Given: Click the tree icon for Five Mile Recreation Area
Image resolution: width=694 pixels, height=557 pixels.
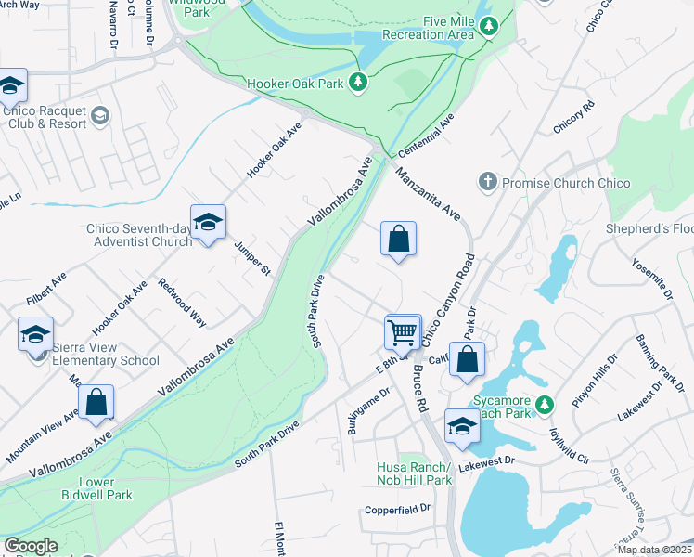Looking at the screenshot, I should click(489, 28).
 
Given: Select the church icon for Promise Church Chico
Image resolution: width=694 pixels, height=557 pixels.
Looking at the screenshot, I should click(488, 183).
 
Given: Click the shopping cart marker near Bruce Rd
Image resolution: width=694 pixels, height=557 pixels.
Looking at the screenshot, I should click(403, 331).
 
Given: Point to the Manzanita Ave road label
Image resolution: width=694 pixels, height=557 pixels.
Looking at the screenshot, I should click(428, 194).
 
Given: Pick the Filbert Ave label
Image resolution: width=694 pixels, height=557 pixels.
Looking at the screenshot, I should click(46, 288).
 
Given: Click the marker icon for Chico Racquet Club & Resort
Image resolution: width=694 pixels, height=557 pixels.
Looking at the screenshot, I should click(99, 115).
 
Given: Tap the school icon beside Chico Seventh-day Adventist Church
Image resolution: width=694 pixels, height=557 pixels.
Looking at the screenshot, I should click(208, 223).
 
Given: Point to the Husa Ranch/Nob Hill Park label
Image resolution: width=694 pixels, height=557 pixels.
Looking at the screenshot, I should click(414, 473).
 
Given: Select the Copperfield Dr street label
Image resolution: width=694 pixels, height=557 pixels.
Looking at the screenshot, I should click(398, 509).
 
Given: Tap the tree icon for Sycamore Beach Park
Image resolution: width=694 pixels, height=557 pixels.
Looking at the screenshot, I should click(546, 404).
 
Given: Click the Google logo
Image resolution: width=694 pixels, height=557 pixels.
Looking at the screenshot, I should click(31, 546).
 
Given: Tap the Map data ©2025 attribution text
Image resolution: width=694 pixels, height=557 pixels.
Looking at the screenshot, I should click(654, 550).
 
